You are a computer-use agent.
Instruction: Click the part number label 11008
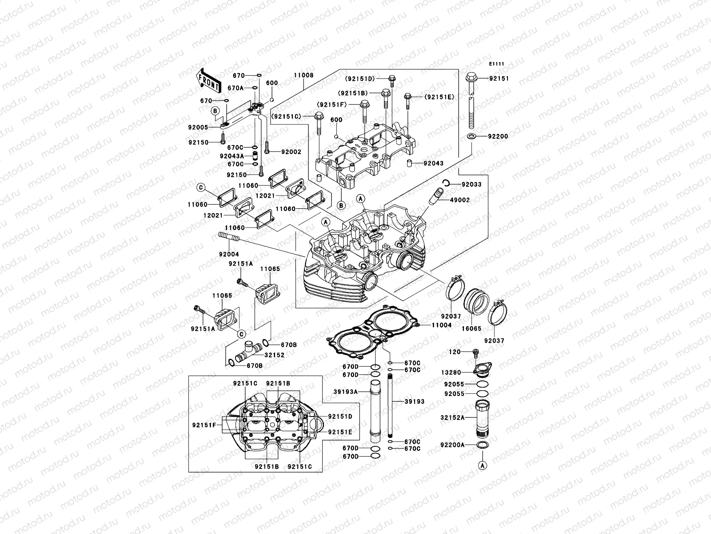(304, 75)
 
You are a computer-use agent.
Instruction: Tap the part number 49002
(460, 200)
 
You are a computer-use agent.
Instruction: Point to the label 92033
(471, 184)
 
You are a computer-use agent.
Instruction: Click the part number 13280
(451, 372)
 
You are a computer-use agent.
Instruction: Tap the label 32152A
(452, 418)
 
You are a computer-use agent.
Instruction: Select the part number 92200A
(452, 445)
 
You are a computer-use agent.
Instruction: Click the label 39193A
(346, 392)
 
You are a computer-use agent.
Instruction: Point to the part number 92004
(228, 255)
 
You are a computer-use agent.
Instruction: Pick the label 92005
(198, 127)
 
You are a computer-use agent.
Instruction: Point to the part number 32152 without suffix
(275, 355)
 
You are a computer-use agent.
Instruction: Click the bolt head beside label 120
(475, 352)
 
